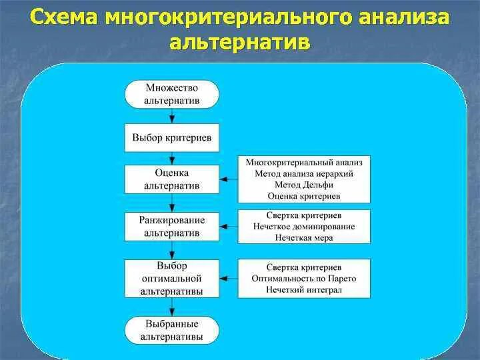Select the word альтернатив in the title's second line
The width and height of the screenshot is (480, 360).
click(240, 43)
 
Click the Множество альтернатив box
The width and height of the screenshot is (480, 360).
click(171, 94)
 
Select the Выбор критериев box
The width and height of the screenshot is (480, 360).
click(171, 137)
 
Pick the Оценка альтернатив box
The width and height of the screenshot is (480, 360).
click(171, 179)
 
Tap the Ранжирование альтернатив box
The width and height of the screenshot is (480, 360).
click(171, 226)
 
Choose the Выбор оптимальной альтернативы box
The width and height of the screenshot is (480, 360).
click(171, 279)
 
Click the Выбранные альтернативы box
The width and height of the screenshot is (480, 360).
click(171, 330)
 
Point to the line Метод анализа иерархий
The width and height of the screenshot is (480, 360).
click(304, 173)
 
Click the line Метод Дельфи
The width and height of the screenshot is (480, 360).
click(304, 185)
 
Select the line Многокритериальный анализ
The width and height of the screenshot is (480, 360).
click(304, 162)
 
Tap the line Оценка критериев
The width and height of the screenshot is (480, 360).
click(304, 196)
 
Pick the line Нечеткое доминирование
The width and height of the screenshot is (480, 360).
click(304, 227)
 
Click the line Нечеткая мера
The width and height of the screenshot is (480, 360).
click(304, 238)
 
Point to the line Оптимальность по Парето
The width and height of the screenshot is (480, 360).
click(304, 278)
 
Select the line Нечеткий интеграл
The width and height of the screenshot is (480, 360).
click(304, 289)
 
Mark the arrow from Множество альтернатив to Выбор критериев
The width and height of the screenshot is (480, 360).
click(172, 115)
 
